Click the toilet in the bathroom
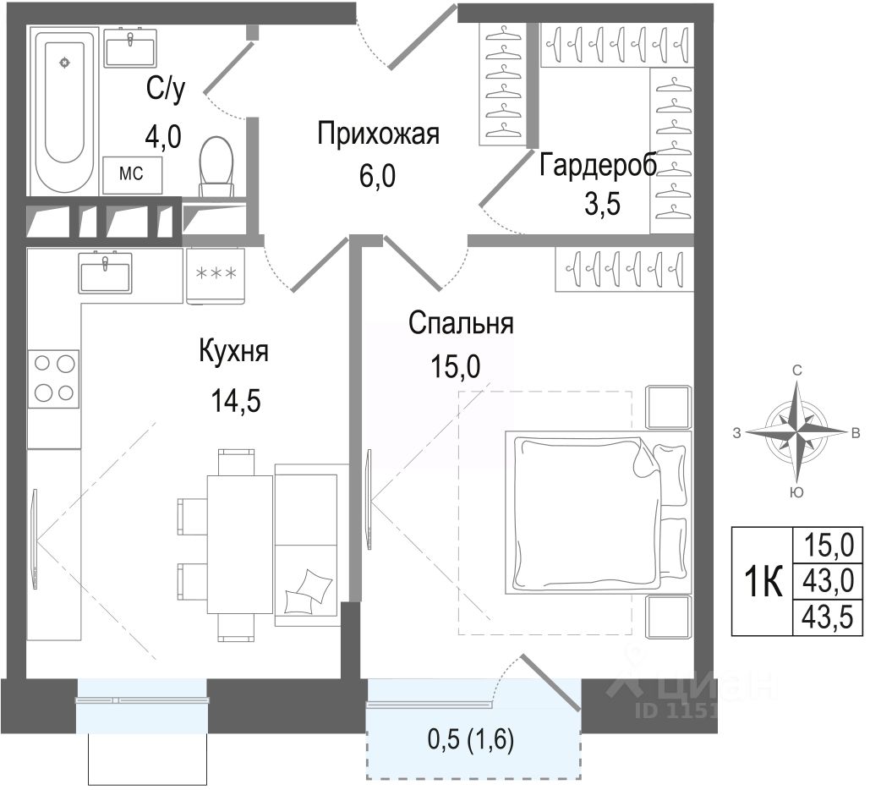pyautogui.click(x=217, y=163)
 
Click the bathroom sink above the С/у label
pyautogui.click(x=130, y=48)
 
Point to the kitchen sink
pyautogui.click(x=106, y=272)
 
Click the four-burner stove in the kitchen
pyautogui.click(x=53, y=378)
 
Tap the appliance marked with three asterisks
pyautogui.click(x=216, y=275)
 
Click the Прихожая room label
pyautogui.click(x=380, y=134)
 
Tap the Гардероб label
pyautogui.click(x=597, y=164)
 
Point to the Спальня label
pyautogui.click(x=461, y=323)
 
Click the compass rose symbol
pyautogui.click(x=796, y=432)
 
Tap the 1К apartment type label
pyautogui.click(x=763, y=582)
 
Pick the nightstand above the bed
pyautogui.click(x=668, y=407)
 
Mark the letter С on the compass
pyautogui.click(x=796, y=370)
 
